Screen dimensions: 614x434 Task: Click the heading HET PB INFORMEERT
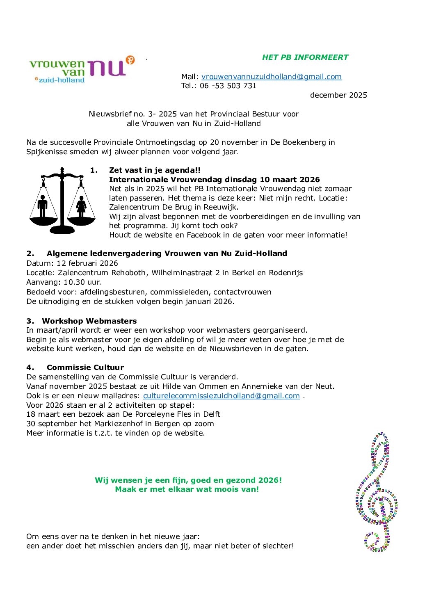click(305, 57)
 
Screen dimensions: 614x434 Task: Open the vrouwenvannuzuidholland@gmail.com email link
click(271, 77)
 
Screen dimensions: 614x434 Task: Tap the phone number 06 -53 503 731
click(228, 86)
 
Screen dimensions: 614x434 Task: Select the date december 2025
click(338, 95)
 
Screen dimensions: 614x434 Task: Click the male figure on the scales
click(43, 206)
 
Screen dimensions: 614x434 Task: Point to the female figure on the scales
click(81, 206)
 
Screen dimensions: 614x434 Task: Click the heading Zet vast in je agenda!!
click(155, 170)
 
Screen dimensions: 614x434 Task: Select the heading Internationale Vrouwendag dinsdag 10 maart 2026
click(214, 180)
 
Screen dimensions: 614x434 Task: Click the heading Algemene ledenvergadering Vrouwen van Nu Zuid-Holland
click(167, 253)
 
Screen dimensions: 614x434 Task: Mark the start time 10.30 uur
click(82, 282)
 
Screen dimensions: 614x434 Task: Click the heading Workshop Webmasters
click(89, 321)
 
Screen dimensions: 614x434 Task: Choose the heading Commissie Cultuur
click(85, 367)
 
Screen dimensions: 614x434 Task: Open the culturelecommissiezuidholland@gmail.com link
click(221, 396)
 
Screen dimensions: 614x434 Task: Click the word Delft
click(212, 414)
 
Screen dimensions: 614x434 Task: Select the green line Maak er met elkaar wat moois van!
click(187, 489)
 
